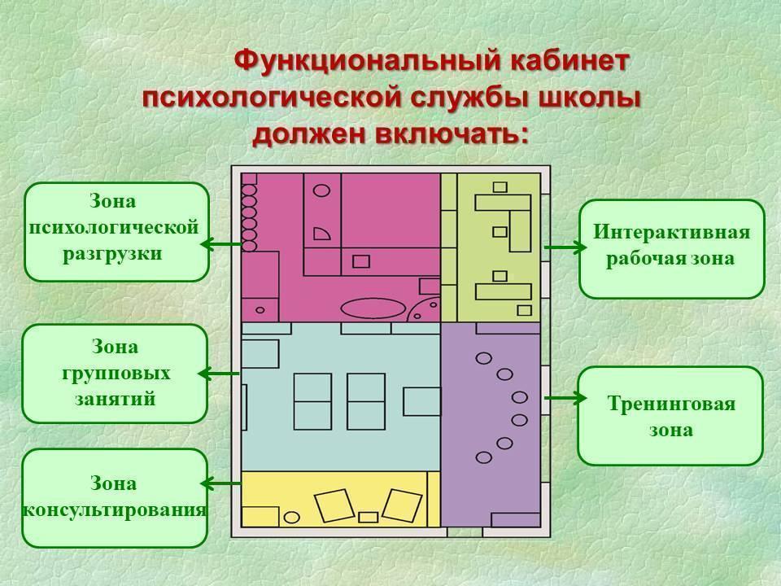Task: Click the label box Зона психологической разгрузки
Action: (116, 232)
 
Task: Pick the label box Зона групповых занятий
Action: (115, 374)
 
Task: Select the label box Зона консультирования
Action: (115, 498)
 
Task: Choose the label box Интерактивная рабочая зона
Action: (671, 249)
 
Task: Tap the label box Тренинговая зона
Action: (670, 416)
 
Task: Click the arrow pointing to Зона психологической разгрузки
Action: (221, 244)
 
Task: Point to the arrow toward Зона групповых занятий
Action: (219, 374)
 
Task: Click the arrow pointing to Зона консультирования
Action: (221, 483)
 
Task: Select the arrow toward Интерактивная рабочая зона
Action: (565, 247)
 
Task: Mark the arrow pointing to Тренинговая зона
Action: (565, 398)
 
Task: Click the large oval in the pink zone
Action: (373, 308)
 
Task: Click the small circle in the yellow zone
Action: (292, 518)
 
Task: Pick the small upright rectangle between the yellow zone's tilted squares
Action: (368, 518)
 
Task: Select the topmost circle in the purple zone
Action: (483, 358)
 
